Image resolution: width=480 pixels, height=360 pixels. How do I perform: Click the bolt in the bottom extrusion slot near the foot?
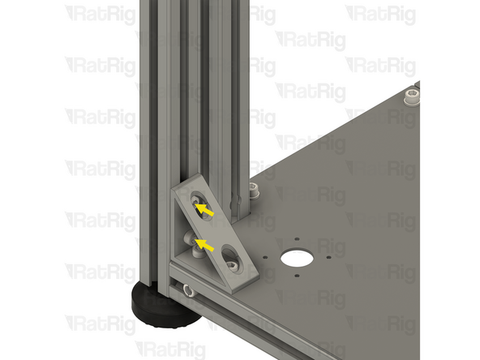pos(188,289)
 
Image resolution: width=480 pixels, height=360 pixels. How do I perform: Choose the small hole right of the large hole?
pos(324,259)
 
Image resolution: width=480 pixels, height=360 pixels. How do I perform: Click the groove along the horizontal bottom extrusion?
pos(243,316)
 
